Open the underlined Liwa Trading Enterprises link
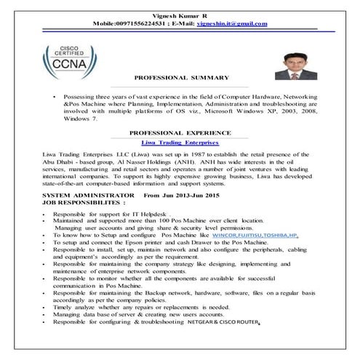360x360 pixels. click(x=180, y=143)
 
